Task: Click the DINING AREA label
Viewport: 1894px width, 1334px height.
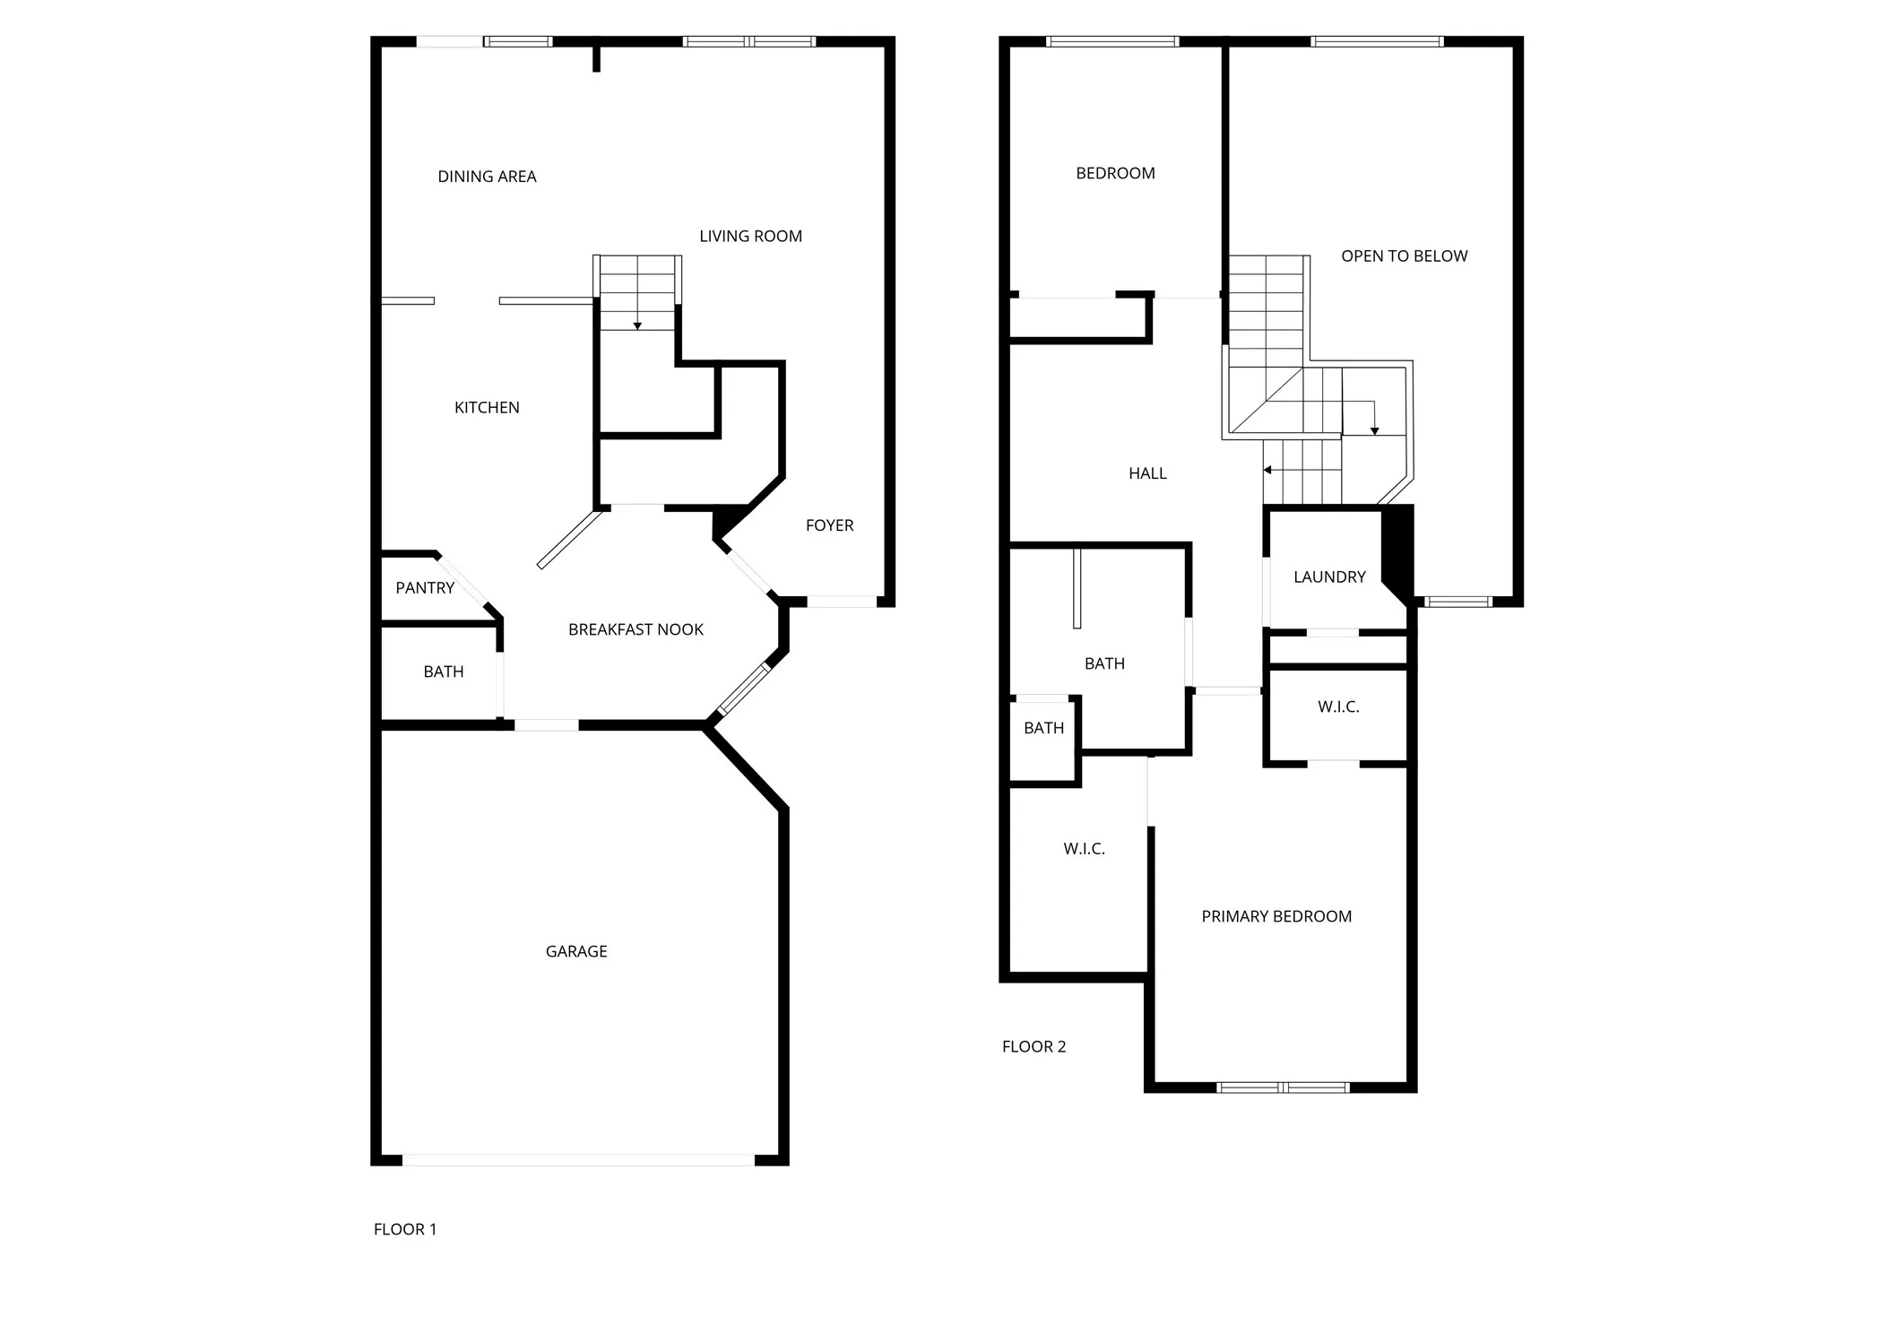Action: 487,177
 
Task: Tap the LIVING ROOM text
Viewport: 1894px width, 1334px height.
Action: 750,236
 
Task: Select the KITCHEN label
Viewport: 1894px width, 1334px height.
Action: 487,407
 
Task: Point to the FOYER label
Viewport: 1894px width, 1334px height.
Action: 829,525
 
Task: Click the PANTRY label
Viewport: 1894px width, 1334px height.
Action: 425,588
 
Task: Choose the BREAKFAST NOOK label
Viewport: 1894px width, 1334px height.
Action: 636,629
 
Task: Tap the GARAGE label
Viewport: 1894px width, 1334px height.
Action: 576,951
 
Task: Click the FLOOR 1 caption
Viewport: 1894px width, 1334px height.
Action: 405,1229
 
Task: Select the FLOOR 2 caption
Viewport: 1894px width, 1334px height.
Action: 1033,1046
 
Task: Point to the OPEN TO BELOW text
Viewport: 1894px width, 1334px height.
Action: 1404,256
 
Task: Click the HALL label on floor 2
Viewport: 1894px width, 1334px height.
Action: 1147,473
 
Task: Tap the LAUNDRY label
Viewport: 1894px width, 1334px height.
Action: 1329,576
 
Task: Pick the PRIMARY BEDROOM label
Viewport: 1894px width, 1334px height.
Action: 1276,916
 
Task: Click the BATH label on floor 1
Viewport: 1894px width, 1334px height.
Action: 444,671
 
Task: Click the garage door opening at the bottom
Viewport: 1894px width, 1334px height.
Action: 578,1160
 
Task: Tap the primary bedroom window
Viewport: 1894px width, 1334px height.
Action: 1283,1087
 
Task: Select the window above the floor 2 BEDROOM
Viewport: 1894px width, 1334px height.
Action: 1112,41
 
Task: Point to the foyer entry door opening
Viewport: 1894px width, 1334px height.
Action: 841,602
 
